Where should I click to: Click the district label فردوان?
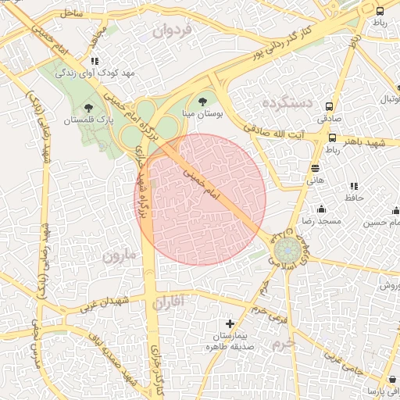(x=173, y=32)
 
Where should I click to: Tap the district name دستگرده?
(x=287, y=102)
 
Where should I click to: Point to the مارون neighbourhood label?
(x=118, y=255)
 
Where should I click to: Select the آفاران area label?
(x=171, y=302)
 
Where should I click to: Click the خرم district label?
(x=284, y=343)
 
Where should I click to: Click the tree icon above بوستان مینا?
(x=204, y=100)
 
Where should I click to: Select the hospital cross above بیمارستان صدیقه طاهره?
(x=230, y=323)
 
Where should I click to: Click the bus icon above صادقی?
(x=330, y=106)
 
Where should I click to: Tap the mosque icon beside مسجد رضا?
(x=321, y=209)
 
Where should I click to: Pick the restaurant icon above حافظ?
(x=354, y=186)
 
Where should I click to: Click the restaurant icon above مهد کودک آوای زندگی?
(x=95, y=60)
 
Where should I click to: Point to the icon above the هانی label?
(x=315, y=167)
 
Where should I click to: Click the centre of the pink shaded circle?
(x=201, y=199)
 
